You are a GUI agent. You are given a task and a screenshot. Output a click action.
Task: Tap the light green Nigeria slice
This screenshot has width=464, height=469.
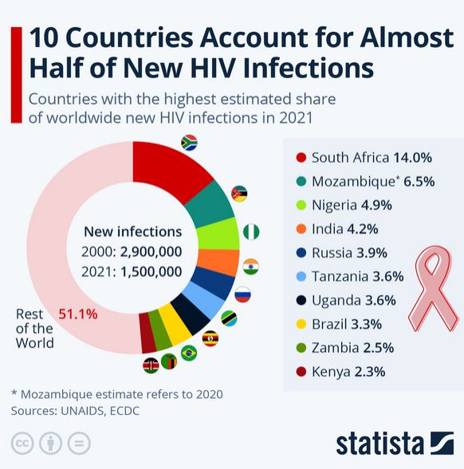click(219, 235)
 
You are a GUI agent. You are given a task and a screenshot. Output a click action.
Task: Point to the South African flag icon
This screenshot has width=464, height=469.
click(189, 143)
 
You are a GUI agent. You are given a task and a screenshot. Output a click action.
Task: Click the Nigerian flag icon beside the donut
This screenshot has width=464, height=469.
click(252, 232)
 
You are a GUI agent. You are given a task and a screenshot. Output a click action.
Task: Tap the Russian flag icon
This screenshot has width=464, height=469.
click(242, 294)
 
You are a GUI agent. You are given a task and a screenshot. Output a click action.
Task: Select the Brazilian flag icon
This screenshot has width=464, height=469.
click(189, 353)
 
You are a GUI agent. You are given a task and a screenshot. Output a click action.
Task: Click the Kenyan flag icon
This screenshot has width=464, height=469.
click(150, 365)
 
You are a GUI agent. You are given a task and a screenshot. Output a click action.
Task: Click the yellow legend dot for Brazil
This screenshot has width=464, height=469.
click(301, 325)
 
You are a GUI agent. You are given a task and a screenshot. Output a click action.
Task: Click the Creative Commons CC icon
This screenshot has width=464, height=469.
click(22, 443)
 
